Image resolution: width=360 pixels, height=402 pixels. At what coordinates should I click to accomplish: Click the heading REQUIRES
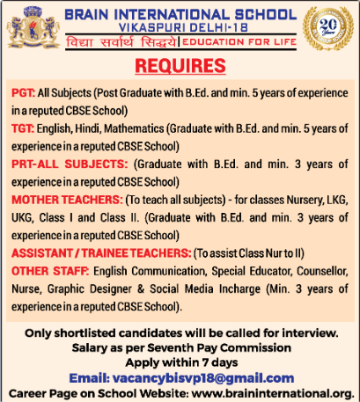tap(180, 66)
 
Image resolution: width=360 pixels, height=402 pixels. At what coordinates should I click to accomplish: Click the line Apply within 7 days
tap(180, 362)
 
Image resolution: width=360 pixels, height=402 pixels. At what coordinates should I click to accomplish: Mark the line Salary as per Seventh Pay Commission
tap(180, 347)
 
